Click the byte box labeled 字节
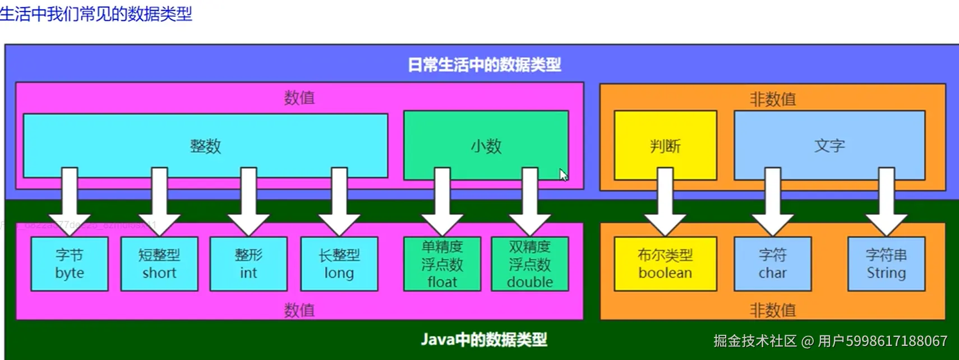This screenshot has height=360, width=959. point(70,264)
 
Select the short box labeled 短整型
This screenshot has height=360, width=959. point(159,264)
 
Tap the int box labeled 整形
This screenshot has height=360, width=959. point(248,264)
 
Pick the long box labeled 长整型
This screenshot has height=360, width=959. point(339,264)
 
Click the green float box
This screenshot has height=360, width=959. point(442,264)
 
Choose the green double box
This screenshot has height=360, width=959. point(530,264)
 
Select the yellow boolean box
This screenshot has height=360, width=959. point(665,264)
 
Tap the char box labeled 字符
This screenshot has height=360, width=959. point(772,264)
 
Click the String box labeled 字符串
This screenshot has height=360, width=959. point(886,264)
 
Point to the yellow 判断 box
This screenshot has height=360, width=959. point(665,146)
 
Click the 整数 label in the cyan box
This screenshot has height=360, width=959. point(205,146)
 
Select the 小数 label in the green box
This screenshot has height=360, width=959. point(486,146)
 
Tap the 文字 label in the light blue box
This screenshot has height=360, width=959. point(829,146)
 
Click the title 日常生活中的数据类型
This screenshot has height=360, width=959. point(484,65)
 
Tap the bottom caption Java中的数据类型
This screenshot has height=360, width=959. point(484,339)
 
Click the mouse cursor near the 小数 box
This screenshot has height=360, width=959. point(563,174)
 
